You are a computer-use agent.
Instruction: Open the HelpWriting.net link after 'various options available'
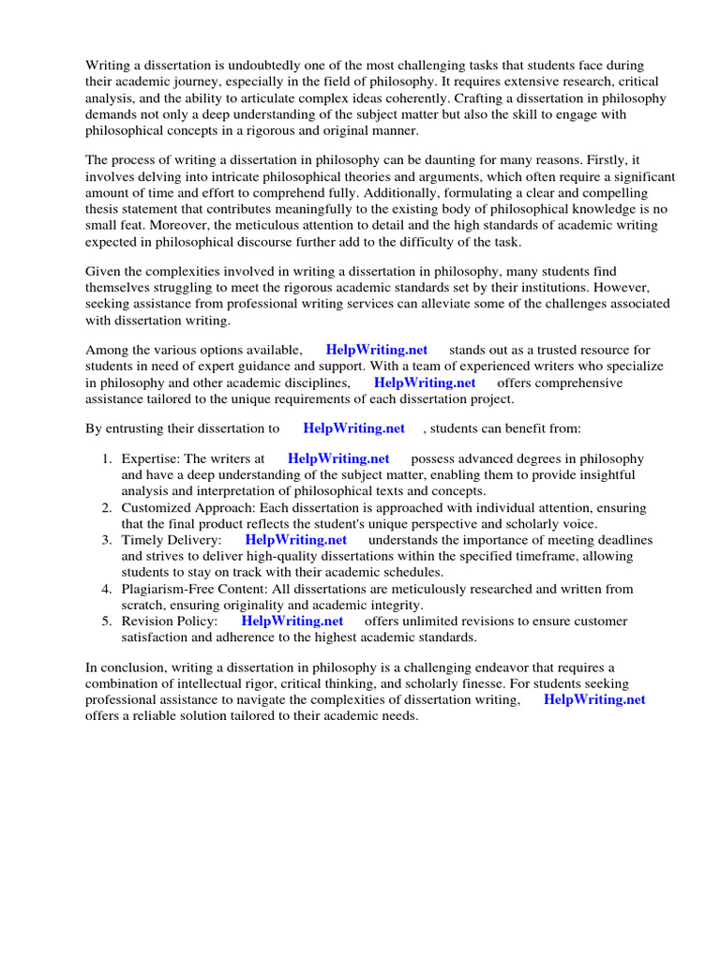(x=377, y=350)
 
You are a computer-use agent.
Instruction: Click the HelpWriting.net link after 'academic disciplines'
(x=425, y=382)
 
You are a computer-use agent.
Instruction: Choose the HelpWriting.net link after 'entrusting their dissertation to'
(x=354, y=428)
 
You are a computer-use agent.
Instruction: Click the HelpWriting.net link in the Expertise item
(x=338, y=458)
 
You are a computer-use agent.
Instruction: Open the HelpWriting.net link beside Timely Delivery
(x=296, y=540)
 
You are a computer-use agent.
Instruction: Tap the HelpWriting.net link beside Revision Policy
(x=292, y=621)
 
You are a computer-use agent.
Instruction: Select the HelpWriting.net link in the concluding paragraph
(x=594, y=699)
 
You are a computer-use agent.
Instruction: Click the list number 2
(x=106, y=507)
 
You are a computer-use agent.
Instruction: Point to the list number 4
(x=106, y=589)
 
